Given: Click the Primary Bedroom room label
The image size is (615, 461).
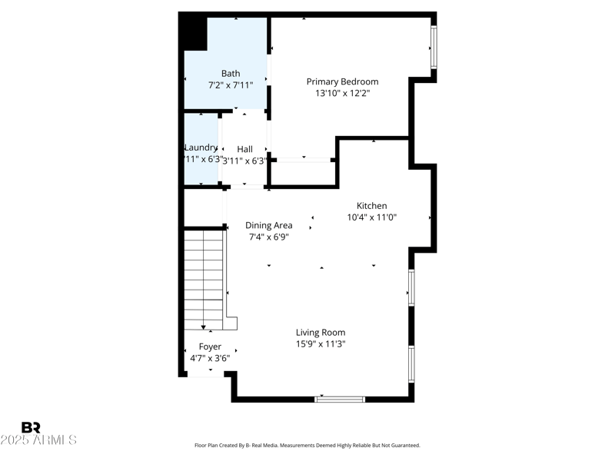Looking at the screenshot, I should click(342, 81).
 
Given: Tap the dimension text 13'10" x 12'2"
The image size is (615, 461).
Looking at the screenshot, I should click(342, 93).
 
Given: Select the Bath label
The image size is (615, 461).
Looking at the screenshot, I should click(231, 74).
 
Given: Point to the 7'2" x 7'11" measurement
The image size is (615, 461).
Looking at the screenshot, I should click(231, 85).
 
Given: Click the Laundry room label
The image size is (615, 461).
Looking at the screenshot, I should click(201, 148).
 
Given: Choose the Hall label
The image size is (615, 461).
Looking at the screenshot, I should click(244, 149).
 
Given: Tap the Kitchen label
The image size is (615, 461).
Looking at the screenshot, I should click(371, 206).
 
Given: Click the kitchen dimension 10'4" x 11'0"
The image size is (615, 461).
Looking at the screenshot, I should click(371, 217).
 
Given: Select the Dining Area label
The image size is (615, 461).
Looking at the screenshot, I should click(268, 225).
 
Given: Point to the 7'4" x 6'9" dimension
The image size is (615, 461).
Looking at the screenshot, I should click(268, 237).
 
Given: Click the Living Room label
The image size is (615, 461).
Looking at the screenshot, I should click(321, 333).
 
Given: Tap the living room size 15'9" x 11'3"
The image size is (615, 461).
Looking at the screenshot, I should click(321, 344).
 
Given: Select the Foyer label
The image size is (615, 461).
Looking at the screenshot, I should click(210, 347).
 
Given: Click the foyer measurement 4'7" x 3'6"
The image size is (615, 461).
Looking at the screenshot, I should click(210, 358).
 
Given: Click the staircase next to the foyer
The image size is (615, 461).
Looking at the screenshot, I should click(204, 280).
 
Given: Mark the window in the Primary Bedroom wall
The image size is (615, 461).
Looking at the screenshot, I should click(434, 48).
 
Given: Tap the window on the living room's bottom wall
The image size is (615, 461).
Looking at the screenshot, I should click(340, 399).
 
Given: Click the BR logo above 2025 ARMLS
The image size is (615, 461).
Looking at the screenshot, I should click(31, 427).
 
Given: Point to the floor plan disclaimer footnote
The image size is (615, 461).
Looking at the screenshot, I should click(307, 445).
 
